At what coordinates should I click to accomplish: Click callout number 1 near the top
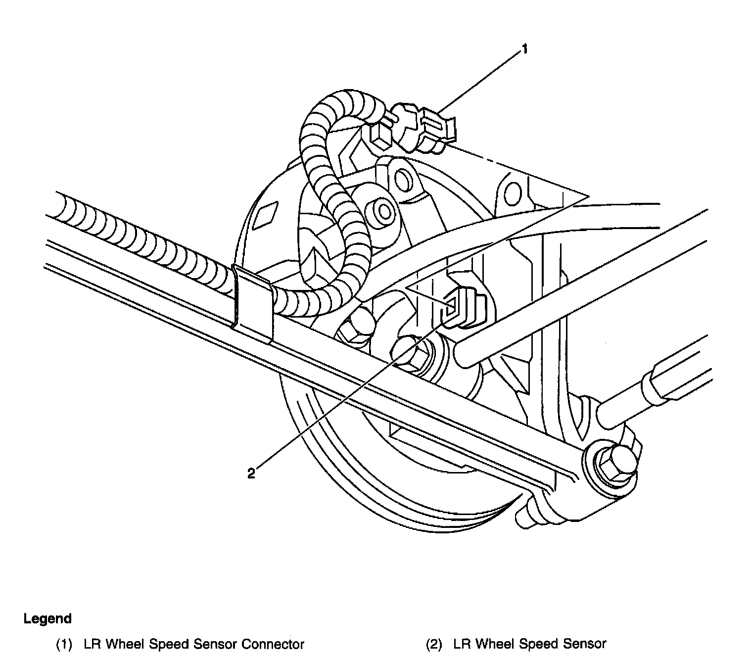click(525, 49)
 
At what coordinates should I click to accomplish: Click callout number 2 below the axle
click(251, 473)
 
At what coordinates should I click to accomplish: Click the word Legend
click(47, 618)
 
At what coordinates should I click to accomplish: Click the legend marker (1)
click(64, 644)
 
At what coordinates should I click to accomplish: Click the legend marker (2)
click(434, 644)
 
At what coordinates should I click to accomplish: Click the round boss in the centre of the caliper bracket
click(383, 210)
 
